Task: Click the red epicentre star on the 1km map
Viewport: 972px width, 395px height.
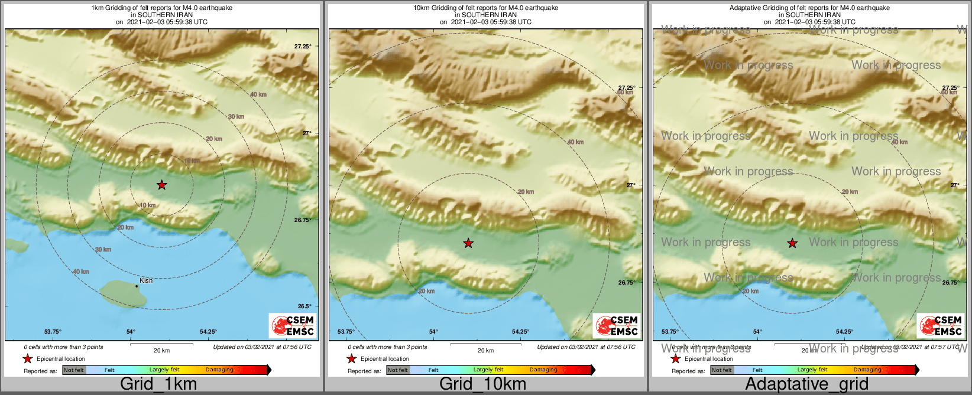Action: pyautogui.click(x=162, y=185)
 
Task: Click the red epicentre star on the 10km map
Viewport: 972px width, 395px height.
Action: pyautogui.click(x=468, y=243)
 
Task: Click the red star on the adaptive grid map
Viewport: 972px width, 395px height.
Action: pyautogui.click(x=792, y=243)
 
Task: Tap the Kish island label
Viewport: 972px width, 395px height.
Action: pyautogui.click(x=146, y=280)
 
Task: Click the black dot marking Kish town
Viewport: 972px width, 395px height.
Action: pyautogui.click(x=137, y=286)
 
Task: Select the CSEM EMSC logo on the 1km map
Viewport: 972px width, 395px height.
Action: pyautogui.click(x=292, y=325)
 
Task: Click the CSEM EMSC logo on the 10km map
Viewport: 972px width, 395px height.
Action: pyautogui.click(x=616, y=325)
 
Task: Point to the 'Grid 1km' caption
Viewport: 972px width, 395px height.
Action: pyautogui.click(x=158, y=384)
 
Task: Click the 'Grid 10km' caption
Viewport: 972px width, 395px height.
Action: pyautogui.click(x=482, y=384)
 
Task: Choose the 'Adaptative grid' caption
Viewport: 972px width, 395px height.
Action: pyautogui.click(x=806, y=384)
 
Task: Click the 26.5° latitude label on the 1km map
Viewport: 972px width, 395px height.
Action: pyautogui.click(x=304, y=306)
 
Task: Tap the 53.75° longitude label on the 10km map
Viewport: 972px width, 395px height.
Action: pyautogui.click(x=346, y=332)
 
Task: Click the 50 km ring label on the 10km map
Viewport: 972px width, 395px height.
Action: pyautogui.click(x=625, y=93)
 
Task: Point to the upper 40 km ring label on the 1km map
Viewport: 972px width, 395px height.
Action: pyautogui.click(x=258, y=94)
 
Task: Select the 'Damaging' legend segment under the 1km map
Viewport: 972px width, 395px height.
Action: pyautogui.click(x=219, y=370)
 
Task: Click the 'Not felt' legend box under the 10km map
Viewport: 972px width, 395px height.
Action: pyautogui.click(x=398, y=370)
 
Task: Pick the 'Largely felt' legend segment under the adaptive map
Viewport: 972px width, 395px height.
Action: pyautogui.click(x=812, y=370)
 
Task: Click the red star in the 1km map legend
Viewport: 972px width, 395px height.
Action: pyautogui.click(x=27, y=358)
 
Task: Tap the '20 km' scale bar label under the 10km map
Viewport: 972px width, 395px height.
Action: pyautogui.click(x=485, y=351)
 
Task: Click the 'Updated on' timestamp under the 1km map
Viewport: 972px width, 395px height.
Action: pyautogui.click(x=262, y=347)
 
